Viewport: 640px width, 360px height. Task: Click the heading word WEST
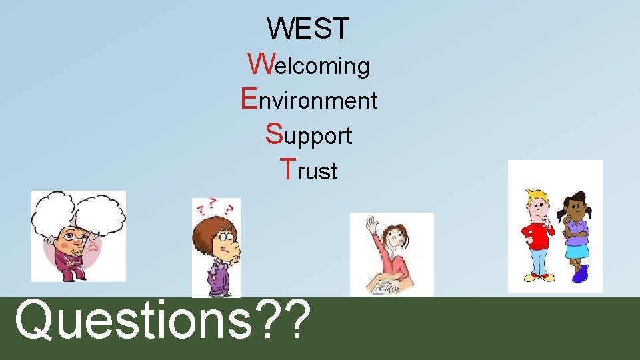click(x=308, y=29)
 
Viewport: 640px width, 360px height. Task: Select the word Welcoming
click(x=309, y=65)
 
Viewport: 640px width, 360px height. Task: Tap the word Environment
click(x=309, y=100)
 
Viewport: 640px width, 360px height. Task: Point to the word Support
click(x=309, y=135)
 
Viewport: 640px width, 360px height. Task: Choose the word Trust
click(x=309, y=171)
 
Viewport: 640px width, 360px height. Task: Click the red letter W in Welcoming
click(x=259, y=63)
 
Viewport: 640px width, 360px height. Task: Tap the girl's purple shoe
click(x=581, y=273)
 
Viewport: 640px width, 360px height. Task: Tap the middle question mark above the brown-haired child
click(x=213, y=203)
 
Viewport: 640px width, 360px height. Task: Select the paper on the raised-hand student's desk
click(x=387, y=287)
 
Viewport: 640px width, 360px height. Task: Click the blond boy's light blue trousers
click(x=537, y=259)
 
